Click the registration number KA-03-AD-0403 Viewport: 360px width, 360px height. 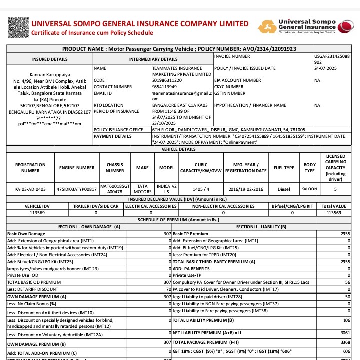30,189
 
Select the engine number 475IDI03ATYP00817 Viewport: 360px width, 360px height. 77,189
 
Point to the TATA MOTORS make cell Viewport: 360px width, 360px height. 142,189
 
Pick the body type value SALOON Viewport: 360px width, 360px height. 309,189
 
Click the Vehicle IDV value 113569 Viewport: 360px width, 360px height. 37,212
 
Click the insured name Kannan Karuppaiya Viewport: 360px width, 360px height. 48,75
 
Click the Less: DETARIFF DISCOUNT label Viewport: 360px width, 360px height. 32,289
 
